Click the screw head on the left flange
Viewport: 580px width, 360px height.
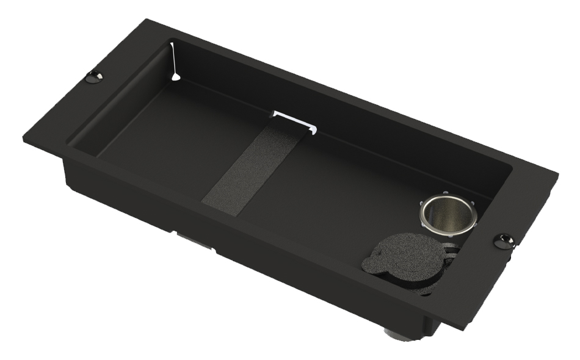(93, 77)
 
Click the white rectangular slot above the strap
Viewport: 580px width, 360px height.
(295, 120)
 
